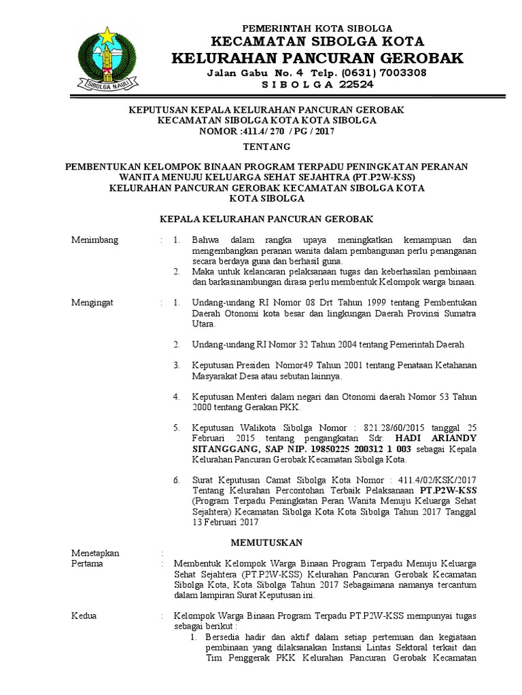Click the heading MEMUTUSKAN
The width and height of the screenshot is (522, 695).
(x=266, y=542)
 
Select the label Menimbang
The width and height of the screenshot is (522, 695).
(x=95, y=240)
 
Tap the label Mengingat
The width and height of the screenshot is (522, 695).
(x=93, y=302)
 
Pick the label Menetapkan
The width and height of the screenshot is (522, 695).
(x=95, y=553)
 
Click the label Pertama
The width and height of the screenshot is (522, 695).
(x=87, y=563)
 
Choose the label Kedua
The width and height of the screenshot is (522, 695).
(x=84, y=616)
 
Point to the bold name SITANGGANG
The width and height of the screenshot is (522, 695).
(x=225, y=449)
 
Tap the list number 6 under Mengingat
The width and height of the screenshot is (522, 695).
(x=176, y=480)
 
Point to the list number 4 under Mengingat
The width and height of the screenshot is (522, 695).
(x=176, y=396)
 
